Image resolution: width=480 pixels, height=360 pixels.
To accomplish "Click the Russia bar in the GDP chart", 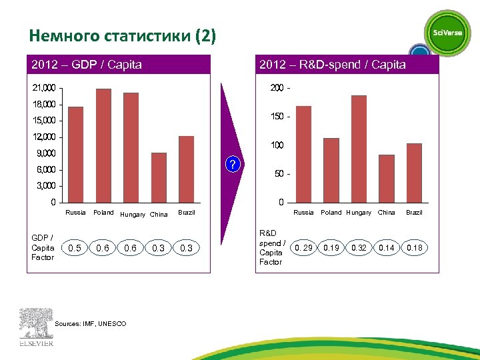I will coord(76,154).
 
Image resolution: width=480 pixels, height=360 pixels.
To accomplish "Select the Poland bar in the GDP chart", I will coord(103,145).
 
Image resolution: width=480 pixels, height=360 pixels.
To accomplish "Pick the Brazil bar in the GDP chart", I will coord(186,169).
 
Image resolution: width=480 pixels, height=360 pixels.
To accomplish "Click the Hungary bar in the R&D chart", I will coord(359,149).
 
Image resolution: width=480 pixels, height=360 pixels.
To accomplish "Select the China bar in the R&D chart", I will coord(387,178).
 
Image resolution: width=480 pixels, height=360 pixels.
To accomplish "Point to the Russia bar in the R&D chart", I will coord(303,154).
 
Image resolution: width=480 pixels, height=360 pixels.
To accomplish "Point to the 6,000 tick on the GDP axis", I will coord(46,169).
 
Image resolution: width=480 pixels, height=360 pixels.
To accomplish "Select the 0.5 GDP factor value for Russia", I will coord(76,248).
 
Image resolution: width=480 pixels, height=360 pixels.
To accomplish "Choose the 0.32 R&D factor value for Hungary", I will coord(359,248).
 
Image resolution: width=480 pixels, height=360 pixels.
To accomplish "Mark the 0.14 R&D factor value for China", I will coord(387,248).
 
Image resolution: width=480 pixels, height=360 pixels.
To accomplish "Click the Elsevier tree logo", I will coord(35,325).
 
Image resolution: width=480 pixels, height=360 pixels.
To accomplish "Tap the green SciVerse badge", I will coord(447,33).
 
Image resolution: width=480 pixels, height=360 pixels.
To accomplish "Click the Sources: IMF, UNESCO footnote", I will coord(91,323).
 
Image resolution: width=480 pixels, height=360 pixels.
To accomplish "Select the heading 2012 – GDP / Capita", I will coord(87,65).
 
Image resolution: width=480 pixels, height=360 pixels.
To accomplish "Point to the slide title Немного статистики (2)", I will coord(123,35).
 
